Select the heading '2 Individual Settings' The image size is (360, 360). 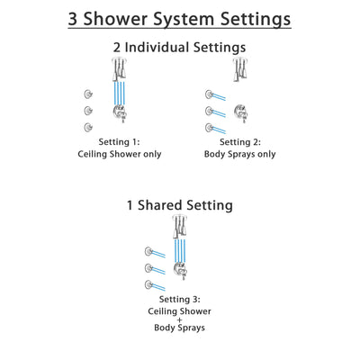(179, 49)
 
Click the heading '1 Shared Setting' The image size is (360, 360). (179, 206)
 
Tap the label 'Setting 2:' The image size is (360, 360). (241, 141)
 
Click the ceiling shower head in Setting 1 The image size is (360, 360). (119, 68)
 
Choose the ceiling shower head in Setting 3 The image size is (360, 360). (182, 226)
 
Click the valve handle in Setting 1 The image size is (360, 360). (119, 113)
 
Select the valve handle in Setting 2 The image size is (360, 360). (240, 113)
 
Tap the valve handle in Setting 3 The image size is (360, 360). (182, 271)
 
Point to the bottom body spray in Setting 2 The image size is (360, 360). (209, 127)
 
